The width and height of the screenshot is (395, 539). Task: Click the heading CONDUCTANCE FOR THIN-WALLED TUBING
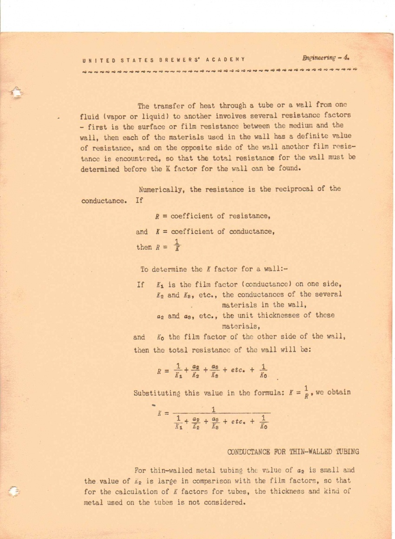point(293,451)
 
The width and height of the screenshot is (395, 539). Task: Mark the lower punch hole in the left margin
point(15,489)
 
